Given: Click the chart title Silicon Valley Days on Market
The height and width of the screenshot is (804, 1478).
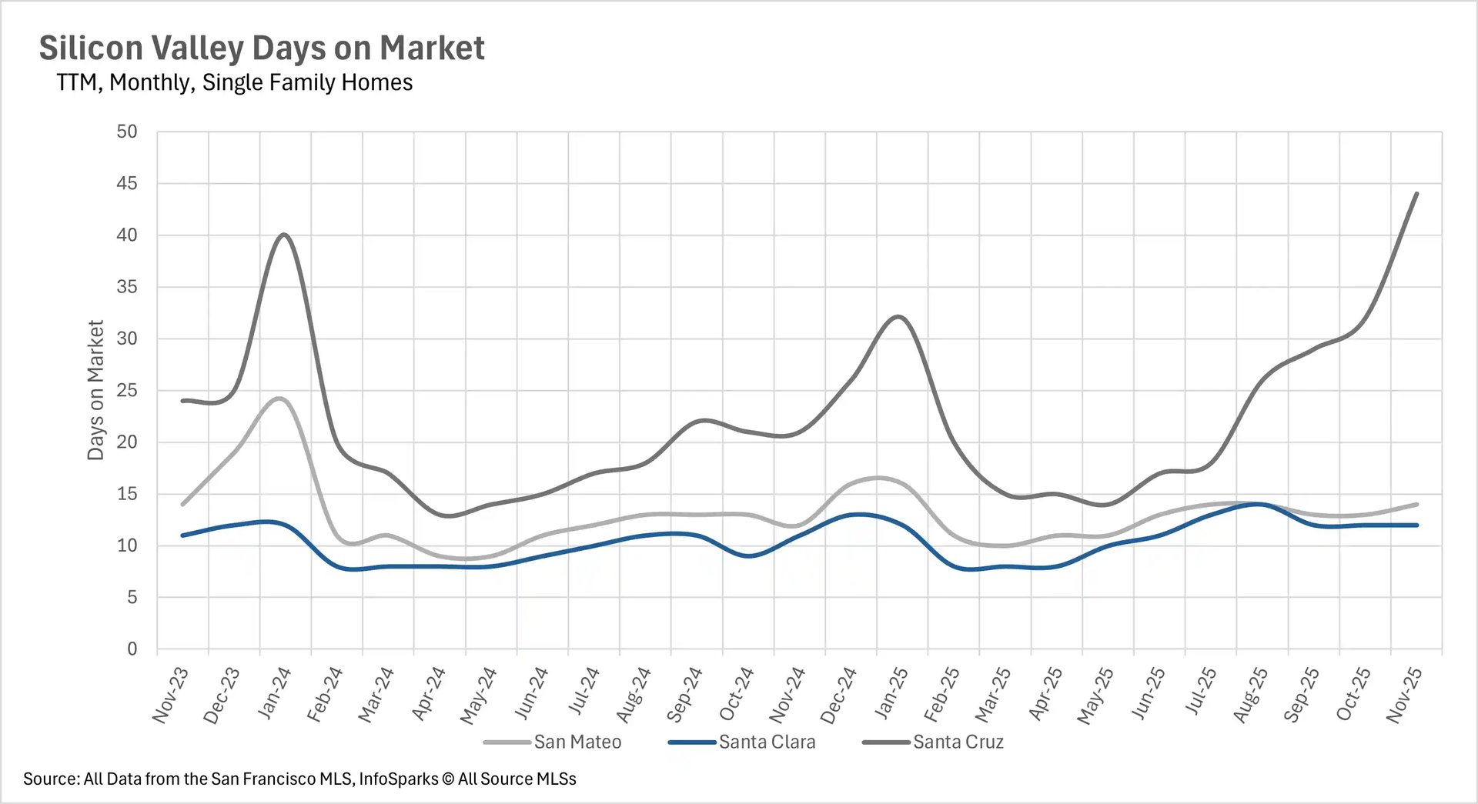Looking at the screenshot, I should point(262,48).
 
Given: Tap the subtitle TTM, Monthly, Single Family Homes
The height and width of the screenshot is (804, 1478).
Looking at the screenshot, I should point(234,82).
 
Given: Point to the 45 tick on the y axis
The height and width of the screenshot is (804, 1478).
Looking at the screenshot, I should point(127,183).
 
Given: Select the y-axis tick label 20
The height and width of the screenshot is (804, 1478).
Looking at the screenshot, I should point(127,442).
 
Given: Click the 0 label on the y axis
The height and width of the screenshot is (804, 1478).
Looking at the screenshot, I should point(132,649).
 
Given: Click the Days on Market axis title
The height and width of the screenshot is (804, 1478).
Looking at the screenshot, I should point(95,390).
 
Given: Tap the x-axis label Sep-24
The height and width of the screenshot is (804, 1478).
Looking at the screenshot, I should point(684,695).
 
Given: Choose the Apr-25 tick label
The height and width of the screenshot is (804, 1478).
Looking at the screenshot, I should point(1045,694).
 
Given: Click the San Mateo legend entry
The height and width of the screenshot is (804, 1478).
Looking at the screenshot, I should point(577,742).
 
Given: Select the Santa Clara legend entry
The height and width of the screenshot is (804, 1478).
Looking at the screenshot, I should point(766,742).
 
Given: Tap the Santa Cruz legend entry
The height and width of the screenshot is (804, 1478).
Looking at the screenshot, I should point(958,742).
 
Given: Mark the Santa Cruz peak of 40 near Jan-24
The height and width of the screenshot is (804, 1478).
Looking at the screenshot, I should point(285,235).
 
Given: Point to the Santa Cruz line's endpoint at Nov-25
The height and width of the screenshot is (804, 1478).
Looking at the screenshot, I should point(1416,194).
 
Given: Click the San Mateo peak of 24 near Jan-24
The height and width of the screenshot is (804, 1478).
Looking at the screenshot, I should point(279,399).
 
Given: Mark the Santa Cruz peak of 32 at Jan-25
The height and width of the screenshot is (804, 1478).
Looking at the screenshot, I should point(898,317).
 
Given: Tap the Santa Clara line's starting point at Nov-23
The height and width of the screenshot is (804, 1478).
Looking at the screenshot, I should point(182,535).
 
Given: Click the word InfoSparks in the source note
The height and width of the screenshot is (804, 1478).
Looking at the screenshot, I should point(398,779).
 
